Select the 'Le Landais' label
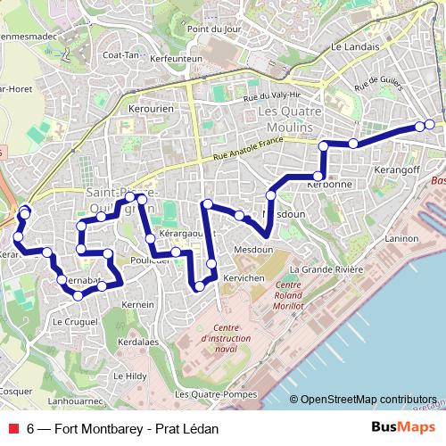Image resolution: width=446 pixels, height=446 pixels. pyautogui.click(x=350, y=46)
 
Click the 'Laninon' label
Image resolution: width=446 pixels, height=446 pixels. pyautogui.click(x=401, y=239)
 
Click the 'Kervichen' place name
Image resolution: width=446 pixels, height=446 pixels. pyautogui.click(x=244, y=278)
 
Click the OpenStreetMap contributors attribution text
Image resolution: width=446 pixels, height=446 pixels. pyautogui.click(x=368, y=400)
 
